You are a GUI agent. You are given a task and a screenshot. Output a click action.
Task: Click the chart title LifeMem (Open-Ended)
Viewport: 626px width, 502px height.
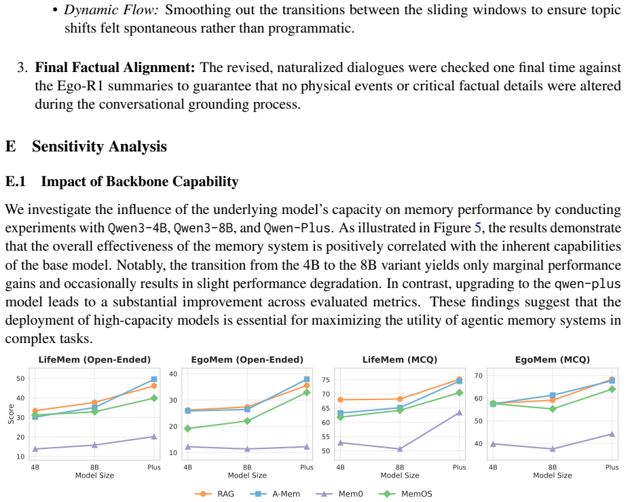[x=94, y=359]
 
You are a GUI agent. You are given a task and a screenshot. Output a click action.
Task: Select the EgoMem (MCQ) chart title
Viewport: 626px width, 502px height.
[x=553, y=359]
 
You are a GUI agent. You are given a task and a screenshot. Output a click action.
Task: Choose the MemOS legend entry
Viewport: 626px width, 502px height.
[x=405, y=494]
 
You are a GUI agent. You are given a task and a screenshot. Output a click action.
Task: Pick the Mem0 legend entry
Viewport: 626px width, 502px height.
[x=339, y=494]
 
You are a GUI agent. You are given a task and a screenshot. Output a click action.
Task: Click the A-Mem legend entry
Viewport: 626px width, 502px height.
[x=275, y=494]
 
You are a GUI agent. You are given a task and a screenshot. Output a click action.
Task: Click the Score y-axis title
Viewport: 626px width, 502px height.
[x=11, y=414]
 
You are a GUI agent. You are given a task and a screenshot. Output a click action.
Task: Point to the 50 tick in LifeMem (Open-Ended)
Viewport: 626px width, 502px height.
[x=20, y=378]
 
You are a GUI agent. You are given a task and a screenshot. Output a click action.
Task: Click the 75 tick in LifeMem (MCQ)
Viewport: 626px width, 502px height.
[x=326, y=380]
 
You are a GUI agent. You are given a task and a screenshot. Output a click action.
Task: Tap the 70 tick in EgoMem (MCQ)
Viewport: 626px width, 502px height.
[x=478, y=376]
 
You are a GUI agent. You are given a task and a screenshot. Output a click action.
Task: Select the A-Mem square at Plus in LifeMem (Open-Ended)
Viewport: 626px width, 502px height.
[x=154, y=380]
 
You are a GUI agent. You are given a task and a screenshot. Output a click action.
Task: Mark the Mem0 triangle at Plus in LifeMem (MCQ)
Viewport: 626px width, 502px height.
[x=459, y=412]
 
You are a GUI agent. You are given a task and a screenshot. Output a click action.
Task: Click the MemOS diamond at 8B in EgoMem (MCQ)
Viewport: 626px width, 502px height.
[x=553, y=409]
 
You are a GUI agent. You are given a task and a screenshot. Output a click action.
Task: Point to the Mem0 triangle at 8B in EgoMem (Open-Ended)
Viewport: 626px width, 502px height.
[x=247, y=449]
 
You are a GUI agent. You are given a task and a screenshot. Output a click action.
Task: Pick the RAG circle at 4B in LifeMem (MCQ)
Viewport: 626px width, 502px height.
[x=341, y=399]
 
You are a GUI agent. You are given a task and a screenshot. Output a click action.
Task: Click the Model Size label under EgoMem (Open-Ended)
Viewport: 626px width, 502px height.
[x=247, y=476]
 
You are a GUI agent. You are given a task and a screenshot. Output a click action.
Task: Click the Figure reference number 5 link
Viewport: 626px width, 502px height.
[x=478, y=228]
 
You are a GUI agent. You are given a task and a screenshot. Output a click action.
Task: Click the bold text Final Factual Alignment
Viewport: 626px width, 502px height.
[x=115, y=67]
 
